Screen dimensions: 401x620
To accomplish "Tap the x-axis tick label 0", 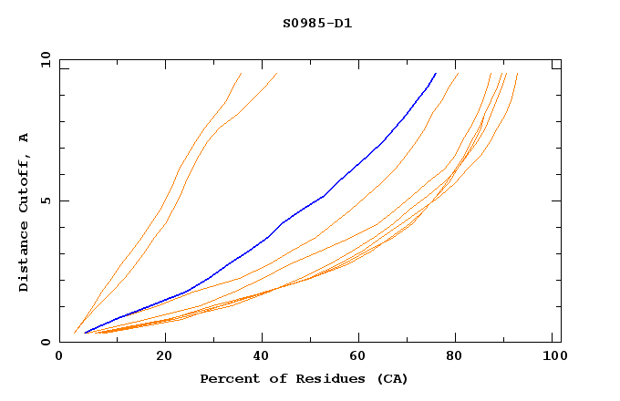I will tap(59, 357).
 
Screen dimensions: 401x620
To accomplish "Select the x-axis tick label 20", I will tap(164, 357).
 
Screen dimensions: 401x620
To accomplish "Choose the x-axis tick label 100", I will tap(552, 357).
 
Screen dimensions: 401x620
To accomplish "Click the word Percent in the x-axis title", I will tap(227, 379).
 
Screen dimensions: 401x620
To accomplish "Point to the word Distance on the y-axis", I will tap(25, 253).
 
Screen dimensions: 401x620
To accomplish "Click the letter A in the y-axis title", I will tap(25, 138).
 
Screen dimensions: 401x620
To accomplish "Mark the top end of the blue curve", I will tap(436, 73).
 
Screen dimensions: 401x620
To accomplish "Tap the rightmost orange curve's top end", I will tap(517, 73).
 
